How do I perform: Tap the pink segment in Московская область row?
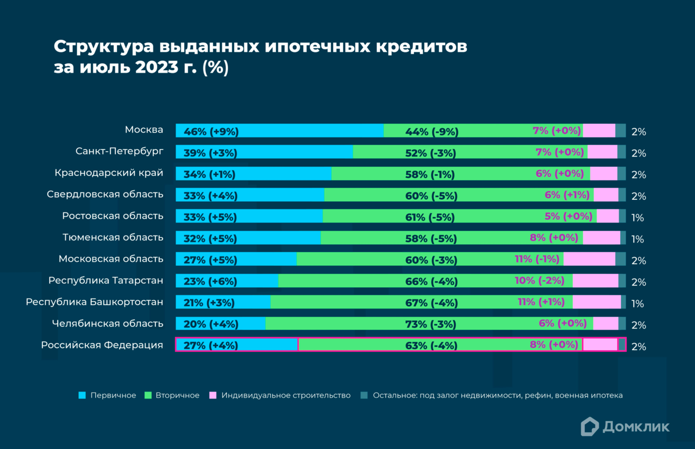589,259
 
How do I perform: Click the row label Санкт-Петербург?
119,151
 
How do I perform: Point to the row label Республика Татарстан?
105,280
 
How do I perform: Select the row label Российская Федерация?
102,345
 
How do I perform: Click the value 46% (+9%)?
211,132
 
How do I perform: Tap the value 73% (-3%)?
430,324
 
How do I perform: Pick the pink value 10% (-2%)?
539,280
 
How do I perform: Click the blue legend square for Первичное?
82,396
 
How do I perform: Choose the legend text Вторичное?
177,396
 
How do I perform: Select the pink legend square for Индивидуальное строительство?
213,396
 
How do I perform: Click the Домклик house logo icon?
590,427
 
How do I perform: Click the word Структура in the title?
103,46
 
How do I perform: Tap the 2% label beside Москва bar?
638,132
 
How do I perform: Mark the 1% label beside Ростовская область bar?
637,218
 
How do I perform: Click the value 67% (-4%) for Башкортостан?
431,303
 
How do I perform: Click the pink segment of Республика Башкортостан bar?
596,302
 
